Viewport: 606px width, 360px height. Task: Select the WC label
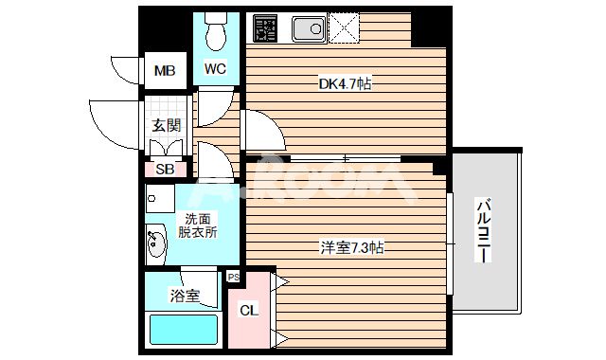click(215, 68)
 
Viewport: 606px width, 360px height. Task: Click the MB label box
click(165, 69)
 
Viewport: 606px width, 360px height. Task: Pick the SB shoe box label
click(165, 171)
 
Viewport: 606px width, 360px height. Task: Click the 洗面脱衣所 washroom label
click(200, 225)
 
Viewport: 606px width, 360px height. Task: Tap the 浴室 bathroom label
click(184, 296)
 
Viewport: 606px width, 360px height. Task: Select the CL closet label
click(248, 311)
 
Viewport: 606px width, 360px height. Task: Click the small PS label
click(233, 276)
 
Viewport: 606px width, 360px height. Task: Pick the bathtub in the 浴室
click(184, 331)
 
